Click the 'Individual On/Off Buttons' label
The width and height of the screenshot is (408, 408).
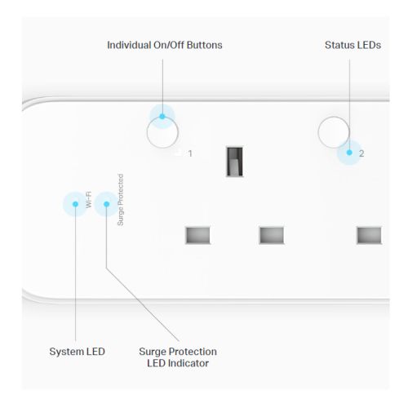click(x=165, y=45)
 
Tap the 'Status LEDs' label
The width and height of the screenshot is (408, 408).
click(x=353, y=45)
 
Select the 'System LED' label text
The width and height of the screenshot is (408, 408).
click(x=77, y=352)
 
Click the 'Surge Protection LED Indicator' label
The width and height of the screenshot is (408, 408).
click(x=178, y=357)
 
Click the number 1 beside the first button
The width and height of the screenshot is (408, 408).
click(x=190, y=153)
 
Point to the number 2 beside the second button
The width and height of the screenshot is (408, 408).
click(x=361, y=153)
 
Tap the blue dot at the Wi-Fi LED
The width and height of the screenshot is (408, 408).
click(x=75, y=204)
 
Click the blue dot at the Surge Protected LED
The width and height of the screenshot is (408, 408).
click(x=107, y=204)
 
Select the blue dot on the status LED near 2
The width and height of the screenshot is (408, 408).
click(x=349, y=153)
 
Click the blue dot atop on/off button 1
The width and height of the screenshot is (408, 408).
click(x=162, y=117)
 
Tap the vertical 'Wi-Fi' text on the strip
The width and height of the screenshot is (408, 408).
click(x=89, y=200)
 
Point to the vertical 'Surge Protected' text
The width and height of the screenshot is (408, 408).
click(x=120, y=200)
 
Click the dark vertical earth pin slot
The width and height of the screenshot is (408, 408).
click(x=234, y=162)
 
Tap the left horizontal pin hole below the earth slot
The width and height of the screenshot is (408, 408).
click(x=197, y=235)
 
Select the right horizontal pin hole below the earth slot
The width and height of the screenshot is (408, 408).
click(x=272, y=235)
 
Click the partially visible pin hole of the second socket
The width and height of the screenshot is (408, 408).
click(x=369, y=235)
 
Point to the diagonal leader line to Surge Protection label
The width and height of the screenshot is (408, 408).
click(x=143, y=304)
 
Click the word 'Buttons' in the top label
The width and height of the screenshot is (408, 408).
click(x=205, y=45)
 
